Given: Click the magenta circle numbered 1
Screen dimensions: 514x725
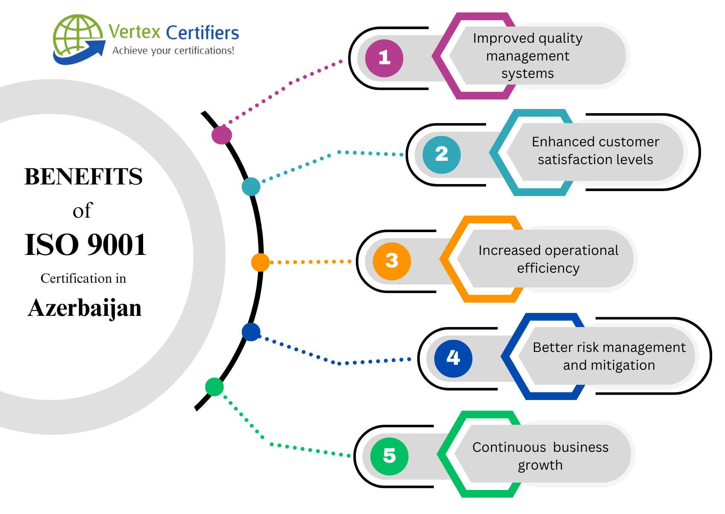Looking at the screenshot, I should point(384,58).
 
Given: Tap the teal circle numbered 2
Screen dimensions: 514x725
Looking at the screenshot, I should point(441,155).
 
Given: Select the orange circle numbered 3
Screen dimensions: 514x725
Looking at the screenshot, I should point(392,261).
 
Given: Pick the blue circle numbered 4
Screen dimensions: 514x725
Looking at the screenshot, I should point(453,358).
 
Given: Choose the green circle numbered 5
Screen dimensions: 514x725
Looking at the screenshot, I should point(389,456).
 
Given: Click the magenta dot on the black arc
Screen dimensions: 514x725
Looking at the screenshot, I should point(221,135).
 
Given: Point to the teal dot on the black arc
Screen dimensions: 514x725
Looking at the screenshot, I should point(251,187).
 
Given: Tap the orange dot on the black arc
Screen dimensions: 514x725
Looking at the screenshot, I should point(260,262).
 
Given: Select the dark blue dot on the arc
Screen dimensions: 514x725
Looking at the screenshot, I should point(251,332).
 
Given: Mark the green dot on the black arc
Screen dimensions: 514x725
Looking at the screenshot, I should point(214,387).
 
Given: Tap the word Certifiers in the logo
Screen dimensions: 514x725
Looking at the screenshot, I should point(202,33).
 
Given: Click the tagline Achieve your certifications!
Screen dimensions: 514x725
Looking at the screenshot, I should point(173,51).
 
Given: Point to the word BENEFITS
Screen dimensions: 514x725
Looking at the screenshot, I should point(83,177).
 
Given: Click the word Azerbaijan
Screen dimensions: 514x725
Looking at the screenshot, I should point(85,308).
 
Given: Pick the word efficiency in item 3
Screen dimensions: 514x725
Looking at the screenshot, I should point(548,269).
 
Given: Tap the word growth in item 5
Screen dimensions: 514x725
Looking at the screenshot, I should point(540,466).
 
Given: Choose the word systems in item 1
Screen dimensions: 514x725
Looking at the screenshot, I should point(528,74).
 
